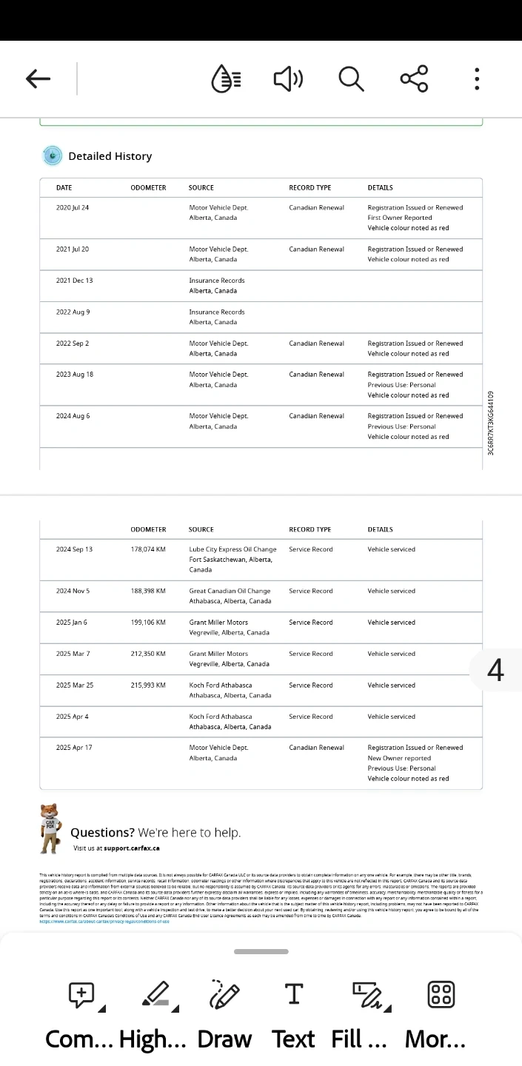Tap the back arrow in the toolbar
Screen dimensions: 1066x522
tap(38, 78)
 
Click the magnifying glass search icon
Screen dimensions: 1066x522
tap(351, 78)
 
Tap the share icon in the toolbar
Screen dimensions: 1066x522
tap(414, 78)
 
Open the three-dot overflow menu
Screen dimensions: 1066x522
tap(477, 78)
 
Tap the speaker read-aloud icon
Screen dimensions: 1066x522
tap(288, 78)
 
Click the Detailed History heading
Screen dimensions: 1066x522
tap(110, 156)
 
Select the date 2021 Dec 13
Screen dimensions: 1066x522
tap(74, 281)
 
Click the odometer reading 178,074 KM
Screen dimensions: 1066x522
tap(148, 549)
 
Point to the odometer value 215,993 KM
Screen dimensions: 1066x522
tap(148, 685)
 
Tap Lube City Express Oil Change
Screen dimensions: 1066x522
tap(232, 549)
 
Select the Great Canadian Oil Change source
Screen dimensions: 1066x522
tap(230, 591)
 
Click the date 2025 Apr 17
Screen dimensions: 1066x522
tap(74, 748)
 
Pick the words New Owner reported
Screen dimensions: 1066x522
tap(399, 758)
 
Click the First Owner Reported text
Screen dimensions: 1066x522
tap(399, 218)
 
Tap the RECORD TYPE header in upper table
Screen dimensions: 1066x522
tap(309, 188)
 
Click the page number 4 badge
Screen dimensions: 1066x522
tap(495, 671)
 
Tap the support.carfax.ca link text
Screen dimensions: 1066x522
tap(131, 848)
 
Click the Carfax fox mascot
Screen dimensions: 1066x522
tap(51, 828)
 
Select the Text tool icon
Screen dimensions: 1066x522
tap(294, 995)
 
